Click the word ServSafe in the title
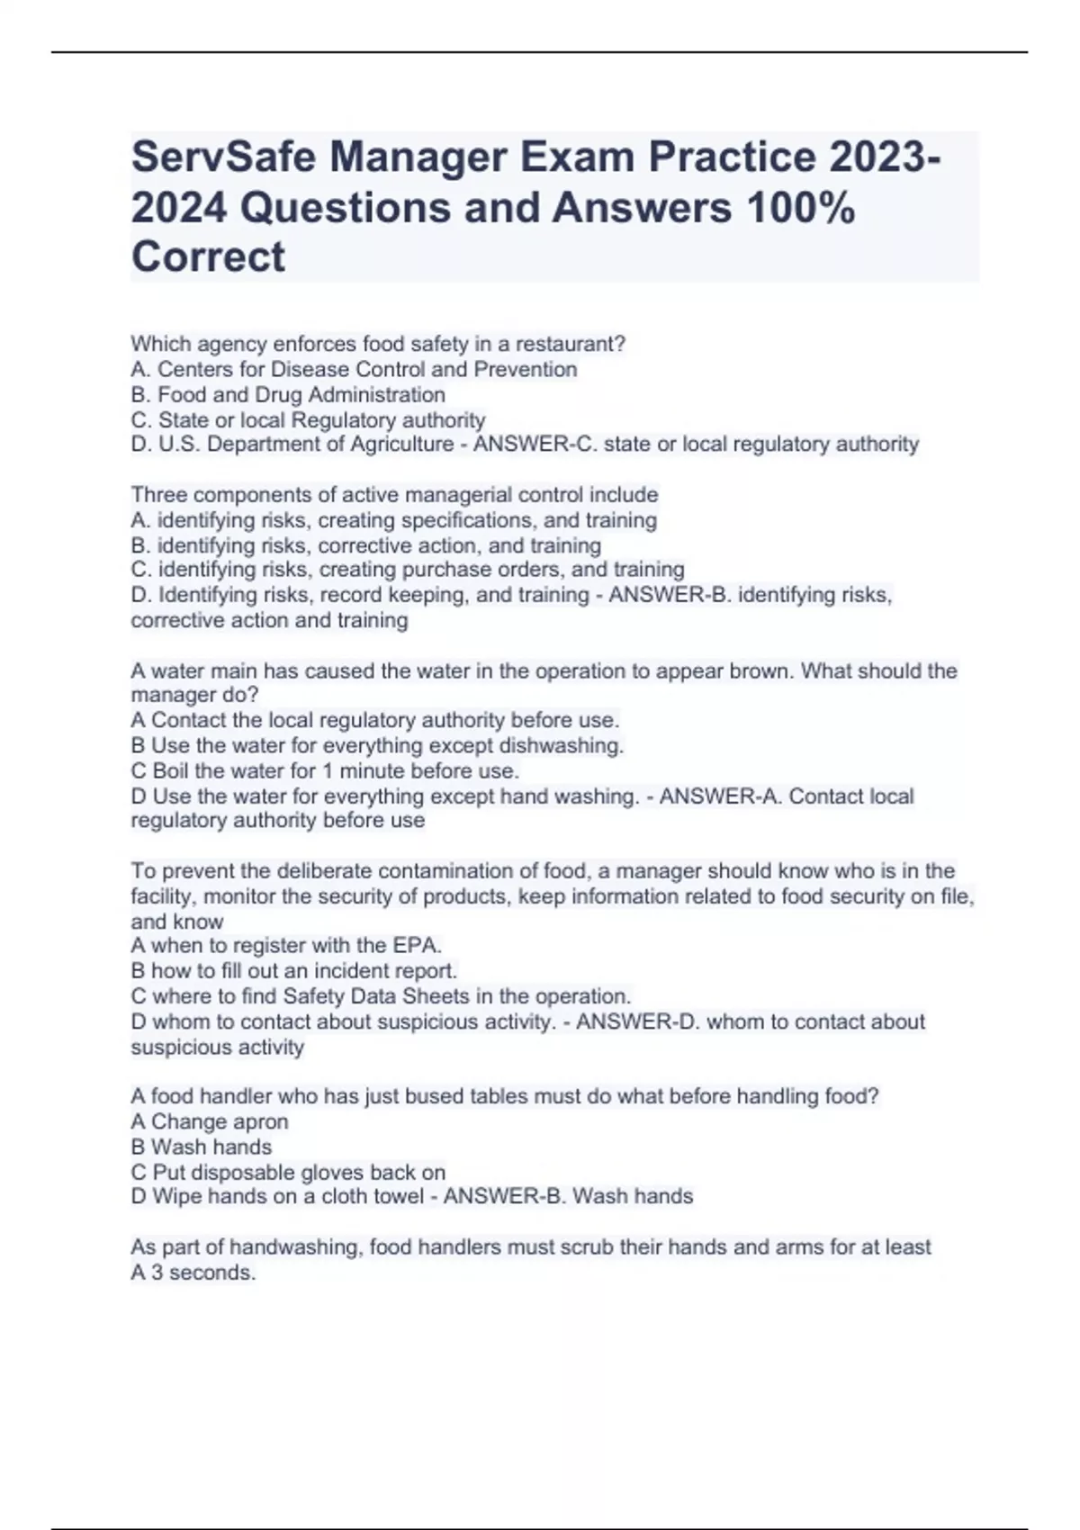[x=222, y=158]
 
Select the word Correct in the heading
[x=208, y=256]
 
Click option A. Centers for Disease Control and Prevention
[x=354, y=369]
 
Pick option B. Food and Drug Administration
[x=288, y=394]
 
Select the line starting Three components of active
[x=394, y=495]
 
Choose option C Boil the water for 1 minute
[x=325, y=770]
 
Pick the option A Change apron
[x=210, y=1121]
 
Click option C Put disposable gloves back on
[x=288, y=1172]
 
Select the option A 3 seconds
[x=193, y=1273]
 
